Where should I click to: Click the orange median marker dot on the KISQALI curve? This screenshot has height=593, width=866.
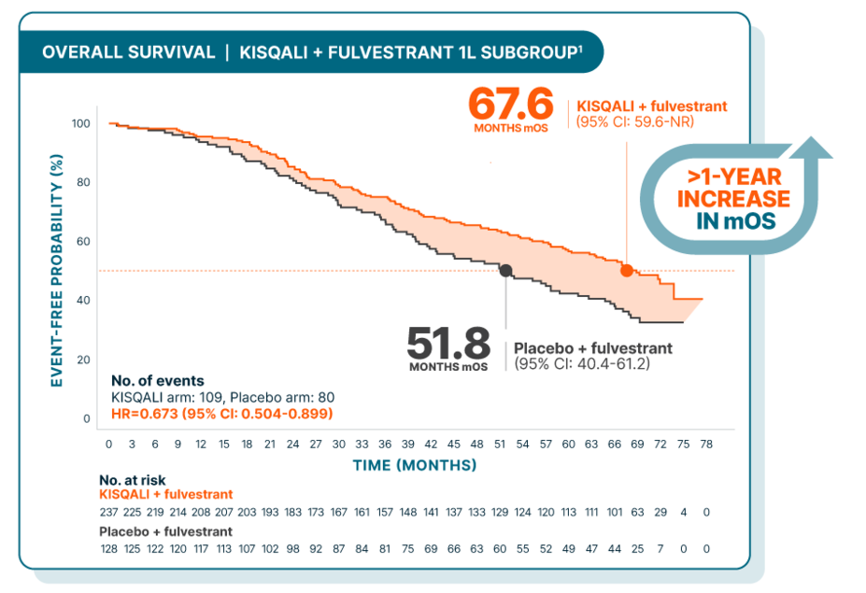coord(627,271)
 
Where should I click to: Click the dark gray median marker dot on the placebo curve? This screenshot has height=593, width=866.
coord(505,271)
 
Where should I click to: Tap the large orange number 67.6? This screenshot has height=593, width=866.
coord(510,104)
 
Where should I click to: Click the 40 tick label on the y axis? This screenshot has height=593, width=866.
coord(83,301)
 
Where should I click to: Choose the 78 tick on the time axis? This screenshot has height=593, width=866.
coord(706,444)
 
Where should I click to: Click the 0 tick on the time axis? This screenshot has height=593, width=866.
coord(109,444)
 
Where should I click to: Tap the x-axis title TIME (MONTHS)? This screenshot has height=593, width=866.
coord(415,464)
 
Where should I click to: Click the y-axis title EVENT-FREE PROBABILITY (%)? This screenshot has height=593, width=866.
coord(56,271)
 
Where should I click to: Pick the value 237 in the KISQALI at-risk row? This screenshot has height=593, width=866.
coord(109,512)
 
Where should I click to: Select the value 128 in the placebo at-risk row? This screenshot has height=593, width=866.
coord(109,550)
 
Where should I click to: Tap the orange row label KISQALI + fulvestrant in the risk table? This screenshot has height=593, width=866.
coord(165,494)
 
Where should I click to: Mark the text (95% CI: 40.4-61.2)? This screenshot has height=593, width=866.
coord(582,363)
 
